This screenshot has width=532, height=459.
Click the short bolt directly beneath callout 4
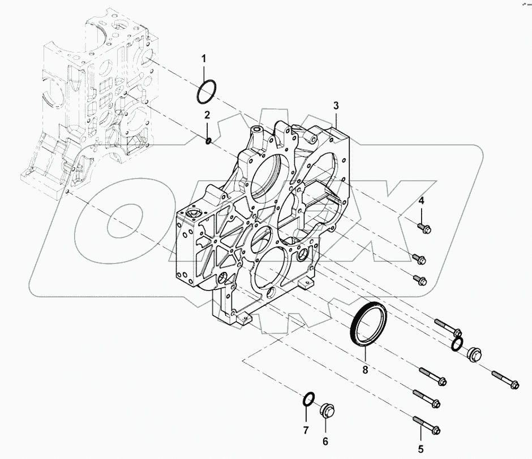[x=423, y=227]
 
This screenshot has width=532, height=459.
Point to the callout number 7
[x=305, y=430]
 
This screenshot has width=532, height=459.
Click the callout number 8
[x=365, y=371]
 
